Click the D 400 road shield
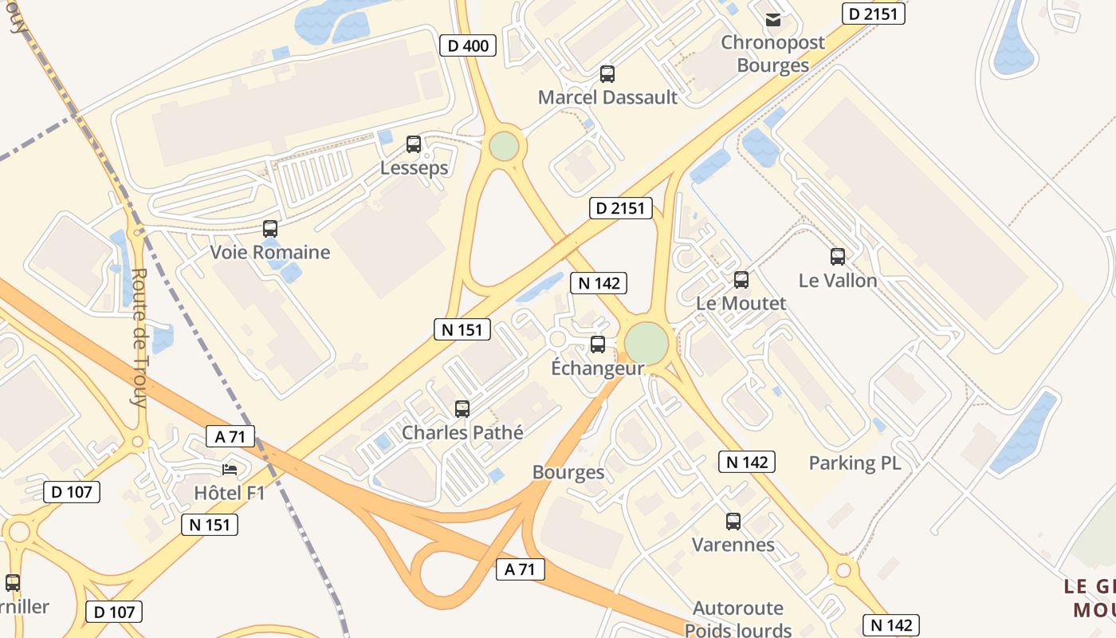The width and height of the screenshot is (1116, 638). click(x=468, y=45)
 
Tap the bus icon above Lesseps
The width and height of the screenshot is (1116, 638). click(x=414, y=144)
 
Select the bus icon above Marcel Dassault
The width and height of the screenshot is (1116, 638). click(x=607, y=74)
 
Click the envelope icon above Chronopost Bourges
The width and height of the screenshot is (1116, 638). click(x=772, y=20)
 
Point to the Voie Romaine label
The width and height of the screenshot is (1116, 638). click(x=269, y=253)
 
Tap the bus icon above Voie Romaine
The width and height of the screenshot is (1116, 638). click(x=270, y=229)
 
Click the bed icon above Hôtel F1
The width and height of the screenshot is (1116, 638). click(x=230, y=469)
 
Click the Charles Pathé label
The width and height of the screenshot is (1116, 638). click(x=462, y=433)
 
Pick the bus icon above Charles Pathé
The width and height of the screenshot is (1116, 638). click(x=462, y=409)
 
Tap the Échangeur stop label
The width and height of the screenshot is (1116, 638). click(x=598, y=368)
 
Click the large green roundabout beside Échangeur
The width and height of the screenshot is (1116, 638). click(x=646, y=343)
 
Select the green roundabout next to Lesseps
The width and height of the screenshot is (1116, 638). click(x=504, y=147)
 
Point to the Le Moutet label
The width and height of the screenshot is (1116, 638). click(x=741, y=303)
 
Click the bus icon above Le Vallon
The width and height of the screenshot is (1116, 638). click(x=838, y=257)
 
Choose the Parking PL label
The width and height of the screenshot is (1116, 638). click(x=855, y=463)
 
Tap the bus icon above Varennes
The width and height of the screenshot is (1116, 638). click(x=733, y=522)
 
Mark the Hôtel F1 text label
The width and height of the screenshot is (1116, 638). click(x=230, y=494)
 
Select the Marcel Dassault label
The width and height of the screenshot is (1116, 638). click(x=607, y=97)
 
